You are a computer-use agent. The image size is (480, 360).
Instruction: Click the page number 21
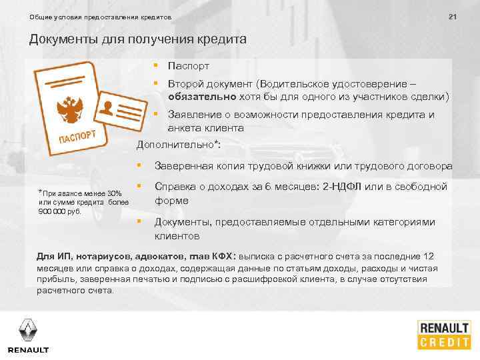pyautogui.click(x=452, y=16)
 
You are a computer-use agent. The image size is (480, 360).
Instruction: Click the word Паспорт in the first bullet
pyautogui.click(x=189, y=66)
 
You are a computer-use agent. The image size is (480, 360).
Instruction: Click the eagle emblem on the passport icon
pyautogui.click(x=69, y=107)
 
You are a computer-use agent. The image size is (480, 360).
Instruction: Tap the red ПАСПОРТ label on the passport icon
pyautogui.click(x=81, y=137)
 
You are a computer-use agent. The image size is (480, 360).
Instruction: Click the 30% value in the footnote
pyautogui.click(x=115, y=193)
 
